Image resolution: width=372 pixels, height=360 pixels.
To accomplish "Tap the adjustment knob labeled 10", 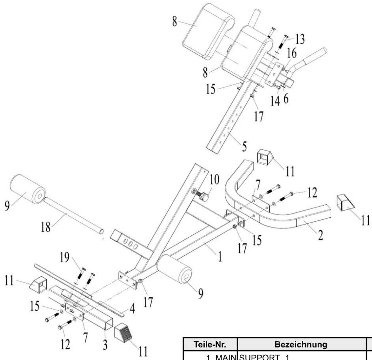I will point(204,196).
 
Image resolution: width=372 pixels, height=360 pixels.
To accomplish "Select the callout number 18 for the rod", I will point(45,228).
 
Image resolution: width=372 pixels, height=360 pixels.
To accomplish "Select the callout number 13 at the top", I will point(300,39).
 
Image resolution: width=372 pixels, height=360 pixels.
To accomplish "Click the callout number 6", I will point(286,99).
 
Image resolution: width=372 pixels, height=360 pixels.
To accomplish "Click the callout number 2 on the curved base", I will point(320,235).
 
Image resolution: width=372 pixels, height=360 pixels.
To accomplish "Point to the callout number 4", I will point(133,309).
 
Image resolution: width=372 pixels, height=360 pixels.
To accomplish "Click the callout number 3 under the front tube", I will point(105,345).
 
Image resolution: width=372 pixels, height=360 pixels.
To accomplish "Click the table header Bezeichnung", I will point(301,344).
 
